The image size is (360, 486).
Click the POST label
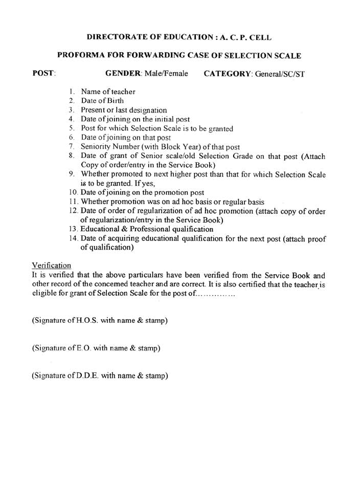pos(43,74)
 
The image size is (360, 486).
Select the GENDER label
pos(123,74)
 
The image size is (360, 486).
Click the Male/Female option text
pos(166,74)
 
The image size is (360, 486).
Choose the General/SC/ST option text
pos(280,74)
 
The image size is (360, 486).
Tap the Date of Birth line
pos(102,101)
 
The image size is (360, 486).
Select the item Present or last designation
pos(124,110)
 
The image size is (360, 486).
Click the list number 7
pos(72,147)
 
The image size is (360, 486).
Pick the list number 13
pos(73,229)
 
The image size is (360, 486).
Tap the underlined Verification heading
pos(52,265)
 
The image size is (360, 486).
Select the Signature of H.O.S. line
pos(100,321)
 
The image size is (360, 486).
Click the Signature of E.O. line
pos(96,348)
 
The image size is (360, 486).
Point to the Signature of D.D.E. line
pos(100,375)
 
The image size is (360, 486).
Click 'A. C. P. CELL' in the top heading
pos(247,37)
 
